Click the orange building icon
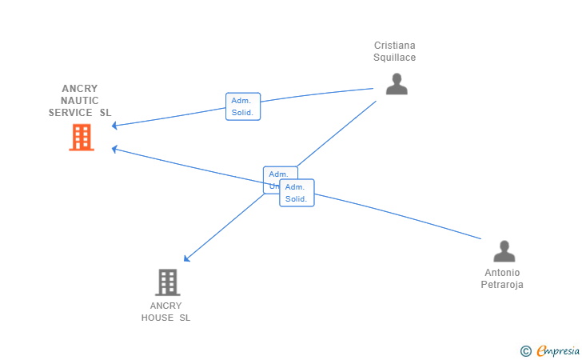coord(81,138)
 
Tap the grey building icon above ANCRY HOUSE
coord(167,282)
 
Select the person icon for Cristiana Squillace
coord(397,84)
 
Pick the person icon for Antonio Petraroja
coord(504,251)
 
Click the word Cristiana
coord(395,46)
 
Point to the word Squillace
coord(395,58)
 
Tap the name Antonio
coord(502,273)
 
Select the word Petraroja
coord(502,285)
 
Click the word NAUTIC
coord(80,101)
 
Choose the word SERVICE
coord(70,113)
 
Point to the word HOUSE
coord(157,318)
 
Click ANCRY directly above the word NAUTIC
coord(80,89)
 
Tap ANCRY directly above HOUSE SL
coord(166,306)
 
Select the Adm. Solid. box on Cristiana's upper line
coord(242,106)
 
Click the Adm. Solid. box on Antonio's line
coord(297,193)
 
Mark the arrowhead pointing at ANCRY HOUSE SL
coord(185,258)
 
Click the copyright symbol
coord(525,350)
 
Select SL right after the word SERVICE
coord(106,113)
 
